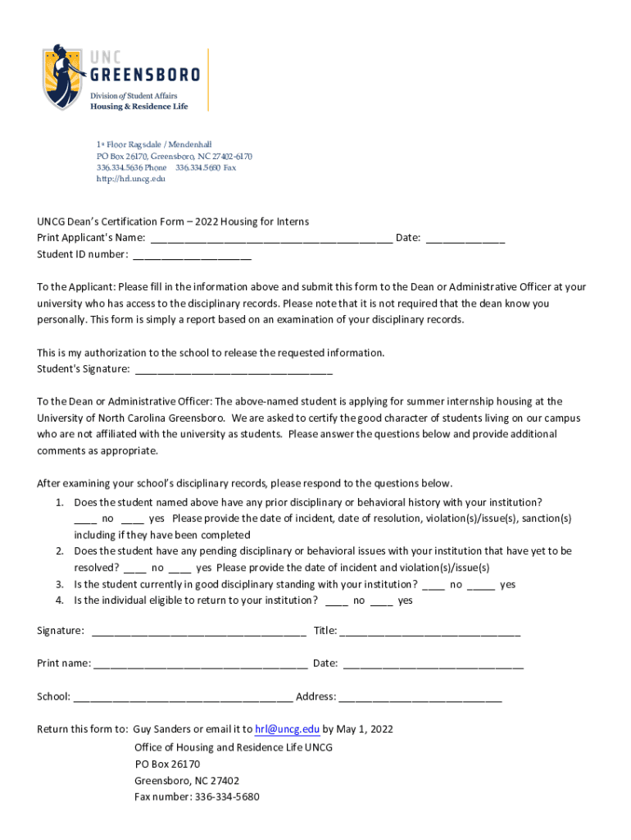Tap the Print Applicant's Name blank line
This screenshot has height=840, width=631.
click(x=271, y=240)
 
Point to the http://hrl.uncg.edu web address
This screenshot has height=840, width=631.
click(x=131, y=178)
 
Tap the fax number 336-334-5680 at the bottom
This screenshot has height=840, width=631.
click(x=227, y=797)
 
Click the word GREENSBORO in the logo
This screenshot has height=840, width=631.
click(x=144, y=75)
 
